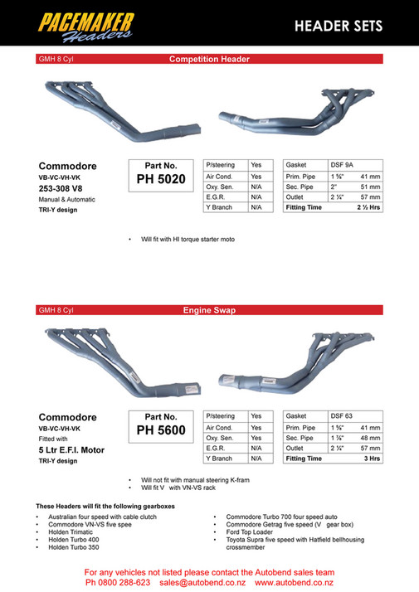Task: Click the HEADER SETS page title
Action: pyautogui.click(x=339, y=27)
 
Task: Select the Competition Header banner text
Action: pyautogui.click(x=209, y=60)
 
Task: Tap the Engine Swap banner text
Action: pyautogui.click(x=209, y=310)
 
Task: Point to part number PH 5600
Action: pyautogui.click(x=160, y=430)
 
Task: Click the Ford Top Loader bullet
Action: pyautogui.click(x=248, y=532)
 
